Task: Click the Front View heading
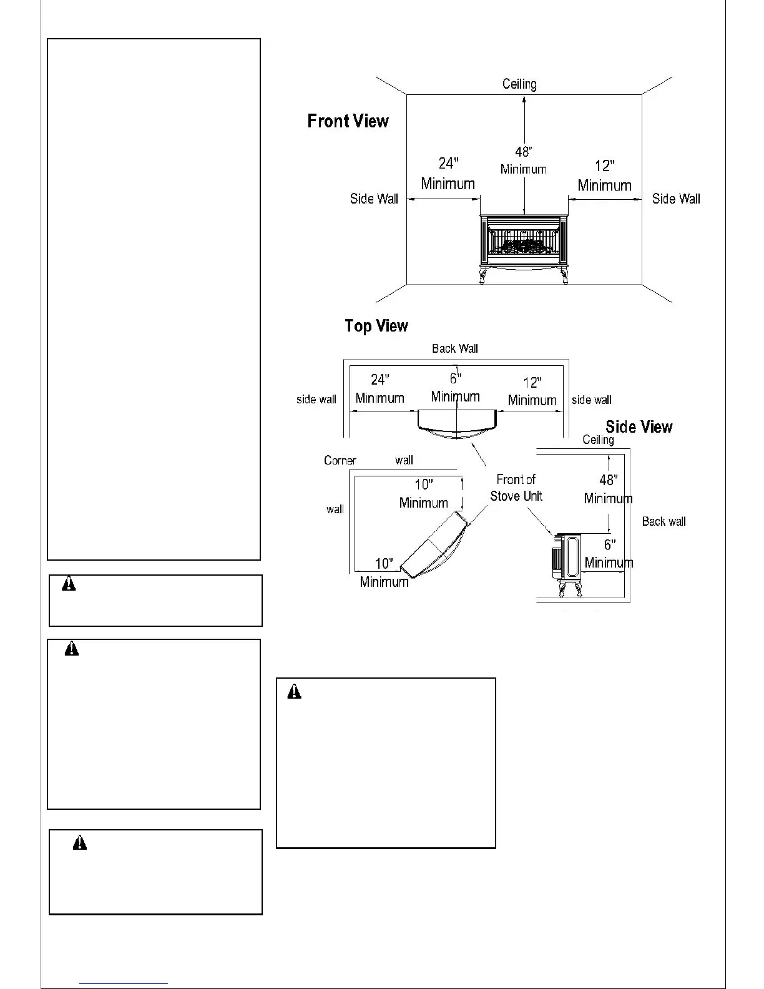tap(348, 121)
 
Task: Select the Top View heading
tap(376, 326)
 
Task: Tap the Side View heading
tap(639, 427)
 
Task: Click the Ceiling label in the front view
tap(519, 84)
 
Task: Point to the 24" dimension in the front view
tap(448, 164)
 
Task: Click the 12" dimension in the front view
tap(604, 166)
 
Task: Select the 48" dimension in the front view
tap(523, 152)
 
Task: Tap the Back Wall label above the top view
tap(454, 348)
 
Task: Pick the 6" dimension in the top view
tap(456, 378)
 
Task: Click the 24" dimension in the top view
tap(380, 380)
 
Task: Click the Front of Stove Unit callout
tap(516, 488)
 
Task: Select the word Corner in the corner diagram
tap(340, 461)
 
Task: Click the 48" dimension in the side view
tap(608, 480)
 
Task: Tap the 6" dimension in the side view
tap(609, 545)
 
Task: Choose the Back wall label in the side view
tap(664, 521)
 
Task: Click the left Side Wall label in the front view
tap(374, 199)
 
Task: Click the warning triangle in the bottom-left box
tap(80, 844)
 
